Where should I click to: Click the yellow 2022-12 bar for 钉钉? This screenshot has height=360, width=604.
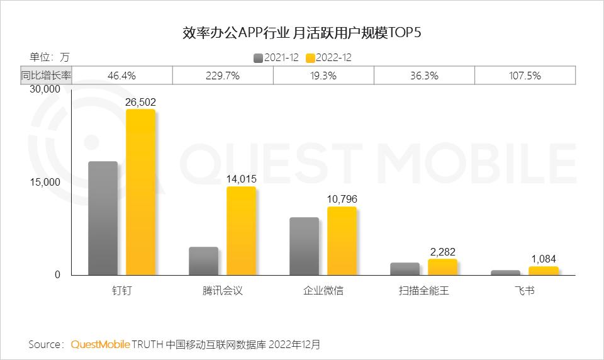[x=140, y=192]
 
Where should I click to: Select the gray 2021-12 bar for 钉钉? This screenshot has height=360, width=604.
[x=103, y=218]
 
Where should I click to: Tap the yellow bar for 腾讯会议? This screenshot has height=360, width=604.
[x=241, y=231]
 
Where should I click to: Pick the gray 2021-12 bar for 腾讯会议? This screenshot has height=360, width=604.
[x=203, y=261]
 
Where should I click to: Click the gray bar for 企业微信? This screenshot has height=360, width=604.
[x=304, y=246]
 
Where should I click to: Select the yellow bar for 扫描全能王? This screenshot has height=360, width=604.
[x=442, y=267]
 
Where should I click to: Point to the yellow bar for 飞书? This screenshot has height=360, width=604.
[x=543, y=271]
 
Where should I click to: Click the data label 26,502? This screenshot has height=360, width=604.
[x=141, y=102]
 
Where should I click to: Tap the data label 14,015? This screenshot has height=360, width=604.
[x=242, y=179]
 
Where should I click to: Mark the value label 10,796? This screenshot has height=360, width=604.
[x=342, y=199]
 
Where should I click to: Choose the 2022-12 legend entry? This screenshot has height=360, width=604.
[x=328, y=58]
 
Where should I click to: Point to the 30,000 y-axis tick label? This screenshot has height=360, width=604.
[x=45, y=89]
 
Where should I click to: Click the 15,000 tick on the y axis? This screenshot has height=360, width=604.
[x=45, y=183]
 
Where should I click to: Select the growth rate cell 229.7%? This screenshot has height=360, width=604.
[x=223, y=76]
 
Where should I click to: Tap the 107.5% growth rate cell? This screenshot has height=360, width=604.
[x=525, y=76]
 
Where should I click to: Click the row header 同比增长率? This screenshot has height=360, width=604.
[x=46, y=76]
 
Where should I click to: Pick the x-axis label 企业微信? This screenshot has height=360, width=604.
[x=323, y=291]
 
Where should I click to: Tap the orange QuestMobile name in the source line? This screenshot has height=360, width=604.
[x=101, y=345]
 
